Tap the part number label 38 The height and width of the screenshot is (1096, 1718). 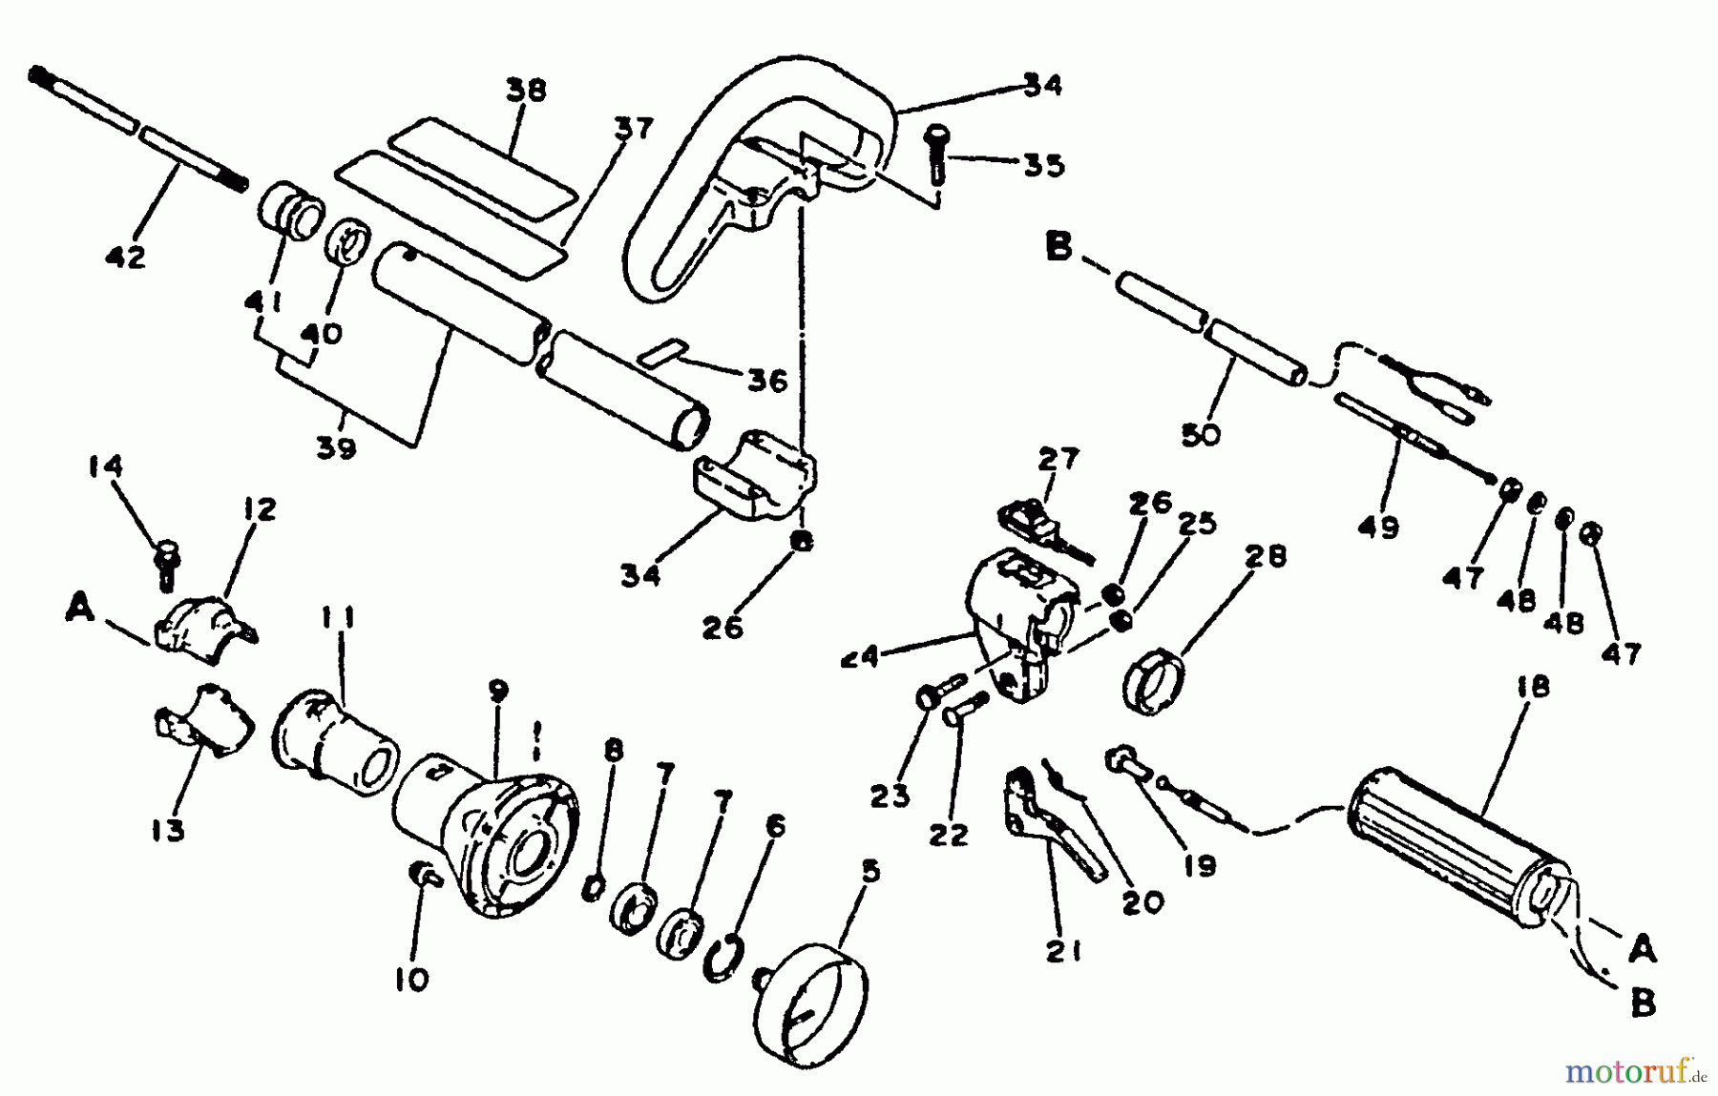tap(526, 91)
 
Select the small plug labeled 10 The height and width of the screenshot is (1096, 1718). tap(421, 873)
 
